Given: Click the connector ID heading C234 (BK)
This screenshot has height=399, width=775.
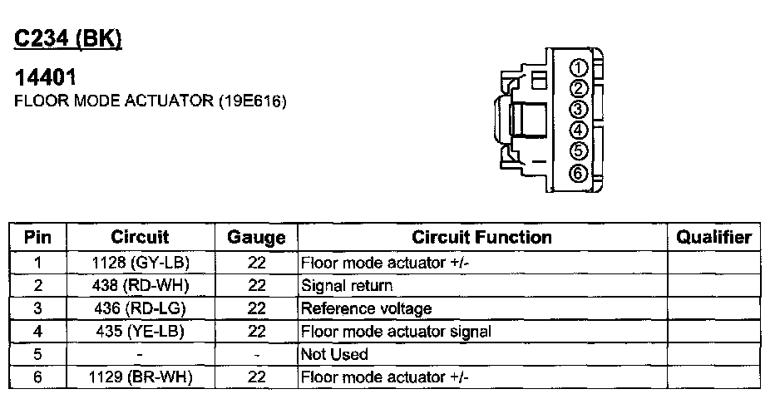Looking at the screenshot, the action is pyautogui.click(x=69, y=39).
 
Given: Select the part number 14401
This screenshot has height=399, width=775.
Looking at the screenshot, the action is pyautogui.click(x=47, y=80).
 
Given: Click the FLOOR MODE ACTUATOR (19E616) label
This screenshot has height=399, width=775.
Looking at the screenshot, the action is pyautogui.click(x=151, y=101).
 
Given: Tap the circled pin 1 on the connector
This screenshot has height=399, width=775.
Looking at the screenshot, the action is pyautogui.click(x=580, y=68).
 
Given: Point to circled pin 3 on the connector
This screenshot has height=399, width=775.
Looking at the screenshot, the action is pyautogui.click(x=580, y=110).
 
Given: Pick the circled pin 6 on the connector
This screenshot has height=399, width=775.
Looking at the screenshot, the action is pyautogui.click(x=580, y=173).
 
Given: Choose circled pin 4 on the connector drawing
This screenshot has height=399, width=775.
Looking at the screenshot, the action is pyautogui.click(x=580, y=130).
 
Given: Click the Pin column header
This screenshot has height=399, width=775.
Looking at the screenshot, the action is pyautogui.click(x=38, y=238).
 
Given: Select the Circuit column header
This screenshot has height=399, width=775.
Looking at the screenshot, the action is pyautogui.click(x=140, y=238).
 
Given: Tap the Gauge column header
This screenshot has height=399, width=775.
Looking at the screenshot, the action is pyautogui.click(x=256, y=239).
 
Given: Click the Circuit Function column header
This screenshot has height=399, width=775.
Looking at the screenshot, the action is pyautogui.click(x=482, y=238).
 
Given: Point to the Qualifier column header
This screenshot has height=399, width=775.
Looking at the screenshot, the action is pyautogui.click(x=713, y=238).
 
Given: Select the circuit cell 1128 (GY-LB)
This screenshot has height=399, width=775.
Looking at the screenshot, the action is pyautogui.click(x=140, y=264).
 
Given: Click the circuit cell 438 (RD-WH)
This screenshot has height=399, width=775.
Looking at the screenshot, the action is pyautogui.click(x=140, y=286).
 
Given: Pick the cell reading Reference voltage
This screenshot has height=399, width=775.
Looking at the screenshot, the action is pyautogui.click(x=367, y=309).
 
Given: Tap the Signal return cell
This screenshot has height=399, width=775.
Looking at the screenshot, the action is pyautogui.click(x=347, y=286).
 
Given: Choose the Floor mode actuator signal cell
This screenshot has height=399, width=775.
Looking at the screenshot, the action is pyautogui.click(x=396, y=332).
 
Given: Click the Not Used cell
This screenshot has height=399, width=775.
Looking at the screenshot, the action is pyautogui.click(x=334, y=355).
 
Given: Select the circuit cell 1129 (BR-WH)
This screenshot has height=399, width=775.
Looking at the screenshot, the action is pyautogui.click(x=140, y=377).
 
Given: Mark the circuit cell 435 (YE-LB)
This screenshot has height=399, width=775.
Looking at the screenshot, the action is pyautogui.click(x=140, y=332).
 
